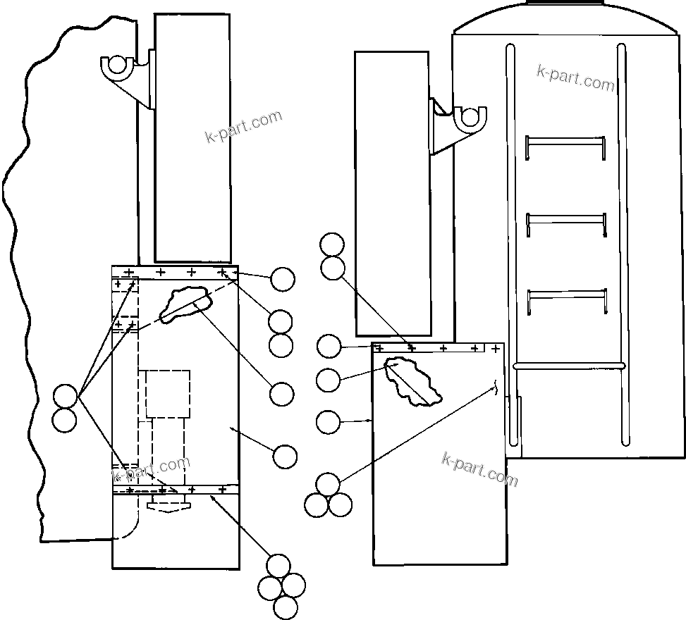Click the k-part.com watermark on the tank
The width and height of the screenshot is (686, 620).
(x=575, y=77)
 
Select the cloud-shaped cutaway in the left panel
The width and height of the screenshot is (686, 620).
(x=185, y=304)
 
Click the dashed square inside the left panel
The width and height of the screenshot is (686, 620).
(x=168, y=393)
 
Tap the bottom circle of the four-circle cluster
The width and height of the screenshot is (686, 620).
(x=285, y=607)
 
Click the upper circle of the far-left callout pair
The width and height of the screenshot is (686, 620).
(x=65, y=397)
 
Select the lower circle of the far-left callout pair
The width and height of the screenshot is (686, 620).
(x=65, y=420)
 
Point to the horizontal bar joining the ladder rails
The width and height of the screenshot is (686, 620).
(x=568, y=366)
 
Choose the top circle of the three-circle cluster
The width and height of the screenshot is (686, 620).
(x=328, y=485)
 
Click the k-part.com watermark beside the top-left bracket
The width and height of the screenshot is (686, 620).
(x=244, y=126)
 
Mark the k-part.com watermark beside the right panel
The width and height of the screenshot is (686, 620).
(x=479, y=469)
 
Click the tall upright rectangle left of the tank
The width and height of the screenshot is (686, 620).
(x=392, y=194)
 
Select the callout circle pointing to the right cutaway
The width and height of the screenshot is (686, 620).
(x=328, y=380)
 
